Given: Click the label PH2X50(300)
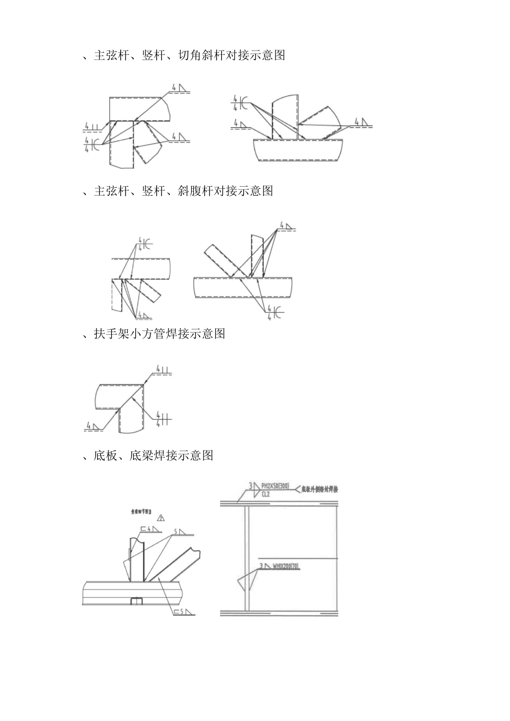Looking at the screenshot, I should tap(275, 486).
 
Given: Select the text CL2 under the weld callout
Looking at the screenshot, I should tap(265, 495).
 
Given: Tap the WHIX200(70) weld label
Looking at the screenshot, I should tap(286, 566).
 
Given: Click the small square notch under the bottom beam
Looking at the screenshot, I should tap(136, 601).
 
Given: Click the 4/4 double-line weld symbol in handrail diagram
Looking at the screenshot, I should tap(162, 418).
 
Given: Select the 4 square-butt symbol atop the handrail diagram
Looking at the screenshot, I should tap(163, 369).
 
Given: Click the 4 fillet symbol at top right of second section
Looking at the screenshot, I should tap(285, 226).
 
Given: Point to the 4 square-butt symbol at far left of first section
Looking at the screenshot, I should tap(92, 127).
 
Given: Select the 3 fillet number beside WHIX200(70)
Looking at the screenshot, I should tap(261, 566).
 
